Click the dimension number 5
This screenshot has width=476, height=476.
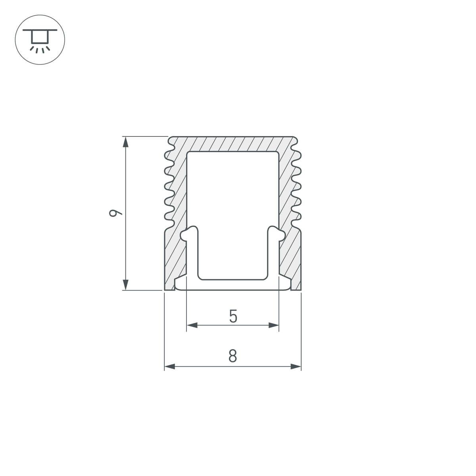pos(233,317)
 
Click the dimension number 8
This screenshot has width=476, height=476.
pos(233,356)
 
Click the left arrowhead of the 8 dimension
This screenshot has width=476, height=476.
pos(170,367)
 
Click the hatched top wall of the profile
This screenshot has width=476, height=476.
pos(233,144)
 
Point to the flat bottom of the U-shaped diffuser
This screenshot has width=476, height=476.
pos(233,284)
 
